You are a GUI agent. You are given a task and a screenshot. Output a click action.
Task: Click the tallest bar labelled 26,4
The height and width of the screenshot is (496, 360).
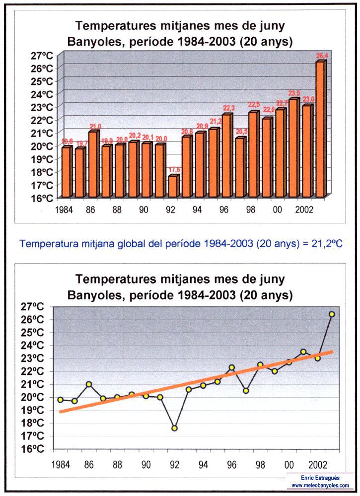pyautogui.click(x=320, y=129)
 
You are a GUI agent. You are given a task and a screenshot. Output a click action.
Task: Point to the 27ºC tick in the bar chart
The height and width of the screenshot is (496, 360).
pyautogui.click(x=42, y=56)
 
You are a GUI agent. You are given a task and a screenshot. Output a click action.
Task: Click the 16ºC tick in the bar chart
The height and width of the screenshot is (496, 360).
pyautogui.click(x=42, y=198)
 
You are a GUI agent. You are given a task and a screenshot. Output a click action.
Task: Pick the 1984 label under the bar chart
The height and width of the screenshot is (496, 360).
pyautogui.click(x=65, y=210)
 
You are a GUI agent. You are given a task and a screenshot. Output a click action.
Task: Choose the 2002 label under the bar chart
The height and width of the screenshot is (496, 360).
pyautogui.click(x=304, y=210)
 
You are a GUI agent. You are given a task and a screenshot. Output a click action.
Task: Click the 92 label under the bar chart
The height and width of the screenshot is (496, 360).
pyautogui.click(x=171, y=210)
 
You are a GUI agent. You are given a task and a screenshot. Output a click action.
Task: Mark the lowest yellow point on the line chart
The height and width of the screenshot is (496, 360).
pyautogui.click(x=175, y=428)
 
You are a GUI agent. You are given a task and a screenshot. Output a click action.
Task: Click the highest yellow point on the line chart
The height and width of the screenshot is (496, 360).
pyautogui.click(x=332, y=314)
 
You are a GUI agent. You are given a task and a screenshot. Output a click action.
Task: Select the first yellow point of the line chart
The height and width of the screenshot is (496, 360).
pyautogui.click(x=60, y=400)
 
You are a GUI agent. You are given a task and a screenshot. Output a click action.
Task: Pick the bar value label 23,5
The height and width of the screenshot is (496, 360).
pyautogui.click(x=295, y=93)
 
